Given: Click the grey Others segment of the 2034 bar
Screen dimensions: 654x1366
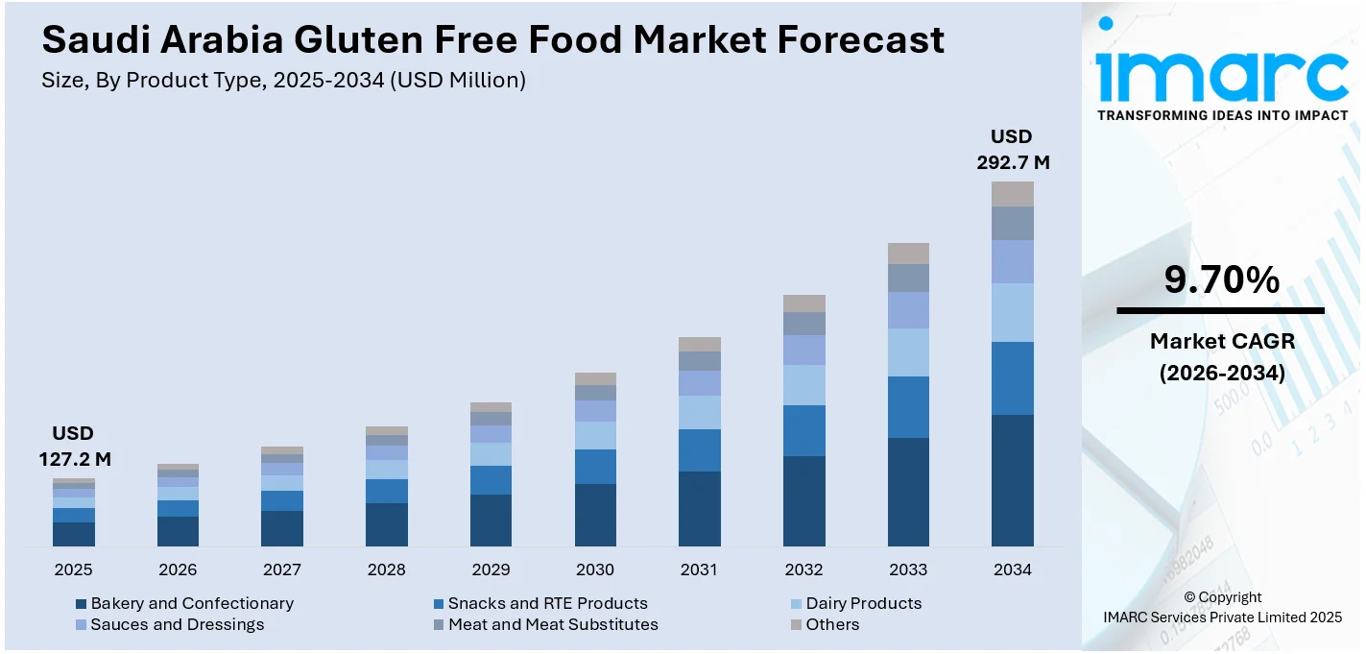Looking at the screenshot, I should pos(1012,194).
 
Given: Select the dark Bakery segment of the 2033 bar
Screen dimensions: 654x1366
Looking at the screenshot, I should pos(908,492).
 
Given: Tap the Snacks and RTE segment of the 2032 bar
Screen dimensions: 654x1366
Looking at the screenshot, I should pos(803,430).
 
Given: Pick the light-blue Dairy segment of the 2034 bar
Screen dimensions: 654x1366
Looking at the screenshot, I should pos(1012,312).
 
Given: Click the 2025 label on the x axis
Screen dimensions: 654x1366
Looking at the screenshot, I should pos(73,569).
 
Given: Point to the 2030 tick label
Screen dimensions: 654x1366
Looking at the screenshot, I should pos(595,569).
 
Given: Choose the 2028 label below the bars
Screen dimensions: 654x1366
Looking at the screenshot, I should pos(386,569).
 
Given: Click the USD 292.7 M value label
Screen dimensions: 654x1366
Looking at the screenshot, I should pos(1013,150).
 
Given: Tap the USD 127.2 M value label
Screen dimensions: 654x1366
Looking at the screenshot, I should pos(74,447).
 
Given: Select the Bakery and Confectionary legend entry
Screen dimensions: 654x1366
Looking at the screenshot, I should pos(192,603).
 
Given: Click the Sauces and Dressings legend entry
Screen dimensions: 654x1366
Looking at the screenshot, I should pos(178,624).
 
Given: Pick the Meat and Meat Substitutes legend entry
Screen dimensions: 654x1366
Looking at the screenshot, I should pos(553,624).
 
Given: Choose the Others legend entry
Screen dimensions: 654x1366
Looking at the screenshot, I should pos(832,624).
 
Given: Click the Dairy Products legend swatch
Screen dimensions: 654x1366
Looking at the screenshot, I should pos(796,604).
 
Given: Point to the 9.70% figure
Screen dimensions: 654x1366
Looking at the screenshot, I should pos(1221,279).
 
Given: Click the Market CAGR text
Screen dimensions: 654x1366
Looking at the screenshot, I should pos(1222,341).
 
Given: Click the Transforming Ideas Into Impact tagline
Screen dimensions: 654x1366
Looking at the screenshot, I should pos(1221,115).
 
